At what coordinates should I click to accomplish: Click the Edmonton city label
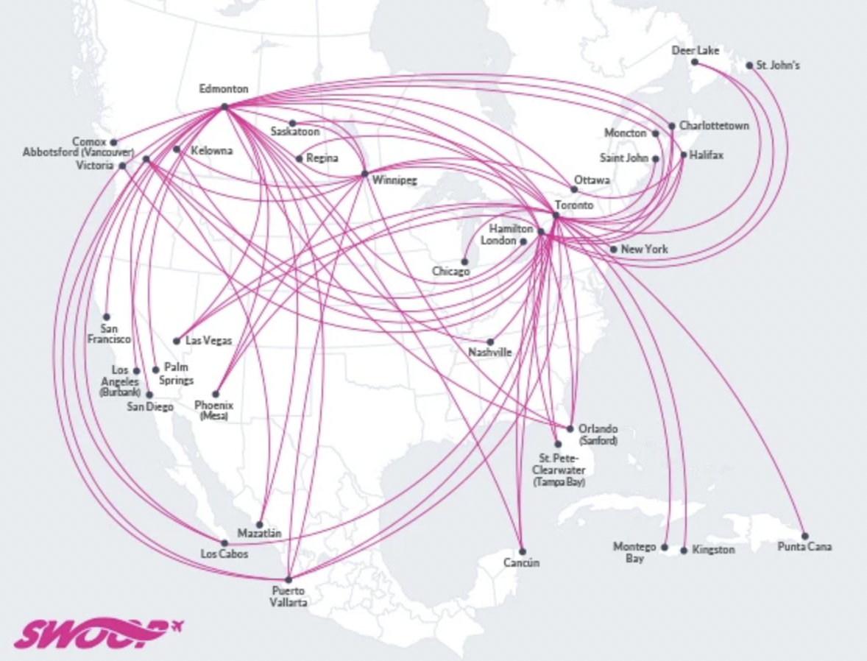pos(224,89)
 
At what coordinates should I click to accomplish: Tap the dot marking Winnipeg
pos(364,174)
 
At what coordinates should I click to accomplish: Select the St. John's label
pos(778,66)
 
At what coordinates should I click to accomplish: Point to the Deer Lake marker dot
pos(694,63)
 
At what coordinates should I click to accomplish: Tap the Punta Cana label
pos(804,548)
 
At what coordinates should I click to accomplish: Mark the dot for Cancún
pos(522,551)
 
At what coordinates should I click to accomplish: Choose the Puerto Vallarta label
pos(288,596)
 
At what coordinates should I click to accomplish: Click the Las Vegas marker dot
pos(177,341)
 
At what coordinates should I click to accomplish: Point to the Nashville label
pos(489,353)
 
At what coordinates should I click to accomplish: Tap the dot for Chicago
pos(464,261)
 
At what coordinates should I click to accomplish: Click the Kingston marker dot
pos(684,551)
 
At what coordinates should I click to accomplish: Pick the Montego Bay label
pos(634,553)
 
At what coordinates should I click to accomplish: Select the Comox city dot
pos(113,142)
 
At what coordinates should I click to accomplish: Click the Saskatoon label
pos(295,132)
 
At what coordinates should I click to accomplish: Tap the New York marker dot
pos(613,250)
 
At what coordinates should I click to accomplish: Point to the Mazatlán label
pos(259,533)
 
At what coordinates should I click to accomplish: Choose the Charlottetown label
pos(714,126)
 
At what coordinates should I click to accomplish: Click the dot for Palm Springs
pos(156,370)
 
